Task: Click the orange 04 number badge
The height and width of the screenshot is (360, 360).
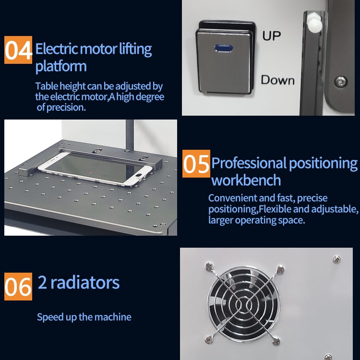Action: click(19, 50)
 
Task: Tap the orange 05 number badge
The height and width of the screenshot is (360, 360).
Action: click(196, 164)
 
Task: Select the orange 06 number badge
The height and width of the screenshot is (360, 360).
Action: click(18, 287)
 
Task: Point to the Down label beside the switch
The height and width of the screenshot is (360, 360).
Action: click(277, 80)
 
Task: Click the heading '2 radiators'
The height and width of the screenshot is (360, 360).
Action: click(79, 282)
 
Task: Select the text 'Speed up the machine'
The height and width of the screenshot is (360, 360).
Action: click(84, 317)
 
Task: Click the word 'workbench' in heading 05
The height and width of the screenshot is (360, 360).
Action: click(246, 180)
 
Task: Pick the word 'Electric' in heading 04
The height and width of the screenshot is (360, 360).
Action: click(56, 48)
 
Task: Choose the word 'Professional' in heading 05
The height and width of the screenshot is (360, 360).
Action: click(248, 164)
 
